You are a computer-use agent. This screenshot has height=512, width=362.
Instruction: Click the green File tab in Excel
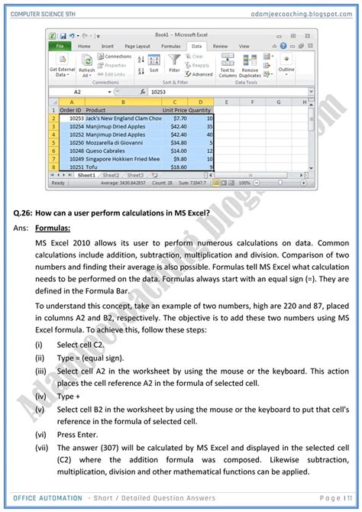point(59,46)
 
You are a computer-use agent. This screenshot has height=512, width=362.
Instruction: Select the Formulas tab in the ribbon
point(171,46)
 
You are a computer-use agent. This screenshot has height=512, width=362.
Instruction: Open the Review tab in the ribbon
point(220,46)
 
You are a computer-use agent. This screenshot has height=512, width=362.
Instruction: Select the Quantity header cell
point(200,110)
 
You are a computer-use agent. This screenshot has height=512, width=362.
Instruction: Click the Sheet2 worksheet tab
point(112,175)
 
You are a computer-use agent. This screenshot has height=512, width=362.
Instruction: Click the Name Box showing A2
point(77,91)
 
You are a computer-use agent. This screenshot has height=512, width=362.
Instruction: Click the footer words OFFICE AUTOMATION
point(53,497)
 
